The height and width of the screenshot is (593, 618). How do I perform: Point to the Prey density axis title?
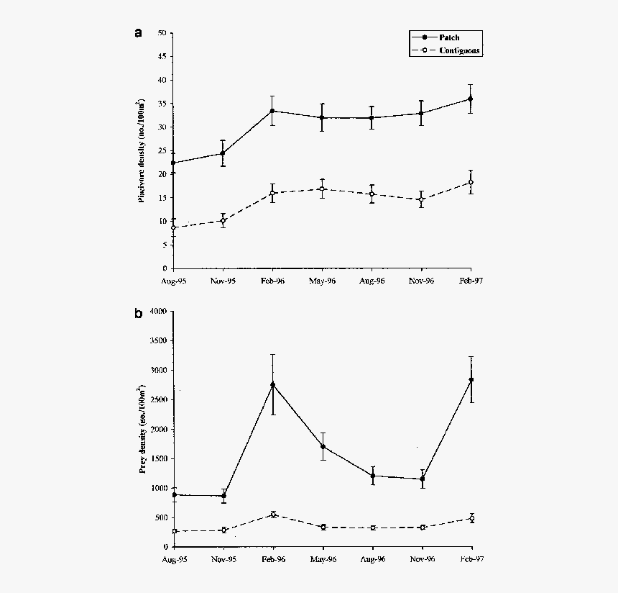pyautogui.click(x=142, y=430)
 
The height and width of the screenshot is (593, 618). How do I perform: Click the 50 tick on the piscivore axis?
pyautogui.click(x=162, y=33)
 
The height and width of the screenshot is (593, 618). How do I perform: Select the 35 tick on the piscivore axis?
pyautogui.click(x=162, y=104)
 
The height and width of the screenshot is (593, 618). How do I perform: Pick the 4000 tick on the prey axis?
pyautogui.click(x=157, y=312)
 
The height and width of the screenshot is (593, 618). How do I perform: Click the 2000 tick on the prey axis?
pyautogui.click(x=157, y=430)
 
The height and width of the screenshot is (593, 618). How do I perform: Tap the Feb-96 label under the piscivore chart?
pyautogui.click(x=272, y=281)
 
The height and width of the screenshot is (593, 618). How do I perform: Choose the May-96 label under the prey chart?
pyautogui.click(x=323, y=559)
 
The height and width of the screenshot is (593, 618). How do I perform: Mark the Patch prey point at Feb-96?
pyautogui.click(x=272, y=384)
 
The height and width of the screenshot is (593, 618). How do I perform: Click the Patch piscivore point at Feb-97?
pyautogui.click(x=471, y=99)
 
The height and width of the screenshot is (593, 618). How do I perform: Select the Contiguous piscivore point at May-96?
pyautogui.click(x=323, y=189)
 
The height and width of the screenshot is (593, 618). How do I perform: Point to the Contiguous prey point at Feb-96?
pyautogui.click(x=273, y=515)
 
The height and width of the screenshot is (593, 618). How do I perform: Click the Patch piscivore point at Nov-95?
pyautogui.click(x=223, y=153)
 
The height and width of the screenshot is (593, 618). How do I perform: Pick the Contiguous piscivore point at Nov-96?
pyautogui.click(x=422, y=199)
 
